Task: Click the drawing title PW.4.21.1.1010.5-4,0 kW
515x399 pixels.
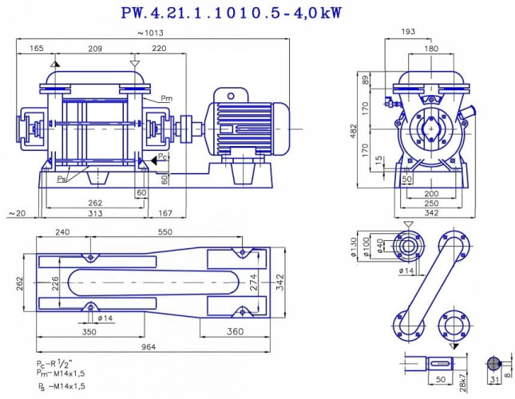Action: point(256,13)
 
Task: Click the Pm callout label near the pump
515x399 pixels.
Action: point(166,98)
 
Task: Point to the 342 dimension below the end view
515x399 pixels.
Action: point(431,213)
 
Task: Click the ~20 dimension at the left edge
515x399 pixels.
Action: point(15,213)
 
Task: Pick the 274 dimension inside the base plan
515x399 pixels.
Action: point(254,282)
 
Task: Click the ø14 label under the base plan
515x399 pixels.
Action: point(104,318)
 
